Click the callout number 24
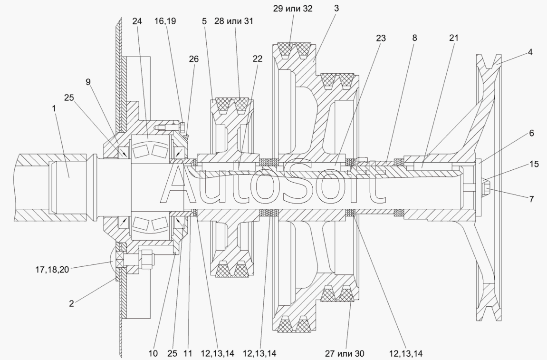(137, 21)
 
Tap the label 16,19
(165, 21)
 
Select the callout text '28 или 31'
(234, 21)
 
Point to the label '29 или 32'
(293, 9)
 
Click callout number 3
(336, 9)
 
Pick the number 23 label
(381, 38)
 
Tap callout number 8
(414, 38)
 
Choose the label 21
(453, 38)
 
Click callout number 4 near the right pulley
(530, 52)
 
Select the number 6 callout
(531, 133)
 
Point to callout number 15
(534, 164)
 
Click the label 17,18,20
(52, 270)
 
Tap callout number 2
(71, 303)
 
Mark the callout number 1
(54, 108)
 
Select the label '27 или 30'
(345, 354)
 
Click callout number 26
(193, 59)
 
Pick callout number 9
(88, 82)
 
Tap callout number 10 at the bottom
(153, 354)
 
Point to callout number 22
(257, 59)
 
